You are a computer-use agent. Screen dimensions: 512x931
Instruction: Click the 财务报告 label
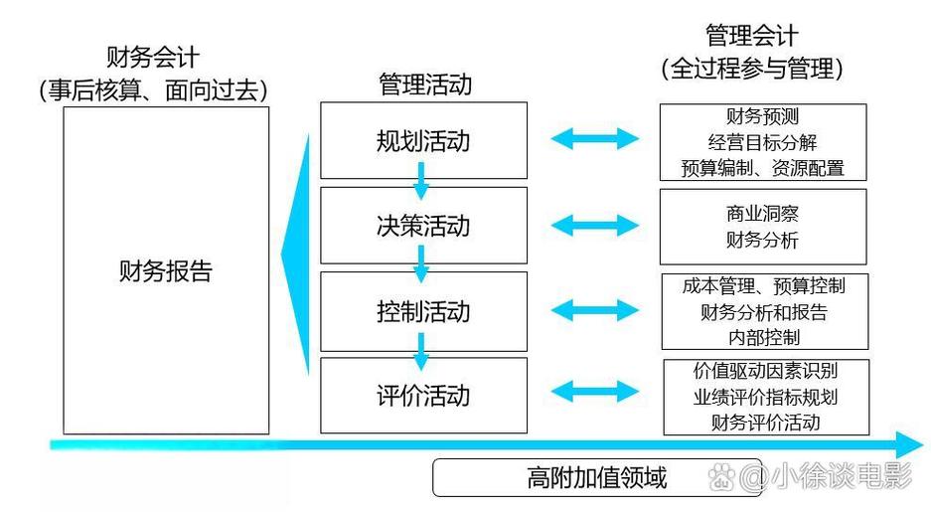pyautogui.click(x=166, y=270)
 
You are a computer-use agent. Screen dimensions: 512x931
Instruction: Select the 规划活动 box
pyautogui.click(x=423, y=141)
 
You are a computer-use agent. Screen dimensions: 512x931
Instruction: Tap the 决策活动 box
pyautogui.click(x=423, y=226)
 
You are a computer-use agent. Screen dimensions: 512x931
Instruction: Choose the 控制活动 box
pyautogui.click(x=423, y=311)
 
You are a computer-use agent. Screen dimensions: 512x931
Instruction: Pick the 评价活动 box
pyautogui.click(x=423, y=396)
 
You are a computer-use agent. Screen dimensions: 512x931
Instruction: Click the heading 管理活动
pyautogui.click(x=424, y=85)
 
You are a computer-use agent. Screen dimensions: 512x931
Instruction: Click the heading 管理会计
pyautogui.click(x=751, y=37)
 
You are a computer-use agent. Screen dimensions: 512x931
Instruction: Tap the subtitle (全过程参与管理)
pyautogui.click(x=751, y=69)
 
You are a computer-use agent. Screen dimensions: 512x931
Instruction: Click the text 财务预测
pyautogui.click(x=763, y=117)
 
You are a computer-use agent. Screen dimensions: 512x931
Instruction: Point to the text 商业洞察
pyautogui.click(x=762, y=214)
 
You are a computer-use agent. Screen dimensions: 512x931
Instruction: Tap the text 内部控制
pyautogui.click(x=763, y=337)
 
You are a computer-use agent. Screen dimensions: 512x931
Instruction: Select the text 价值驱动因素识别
pyautogui.click(x=765, y=372)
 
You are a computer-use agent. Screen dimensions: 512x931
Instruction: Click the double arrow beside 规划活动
pyautogui.click(x=595, y=139)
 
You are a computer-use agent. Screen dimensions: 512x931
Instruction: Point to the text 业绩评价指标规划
pyautogui.click(x=765, y=397)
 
